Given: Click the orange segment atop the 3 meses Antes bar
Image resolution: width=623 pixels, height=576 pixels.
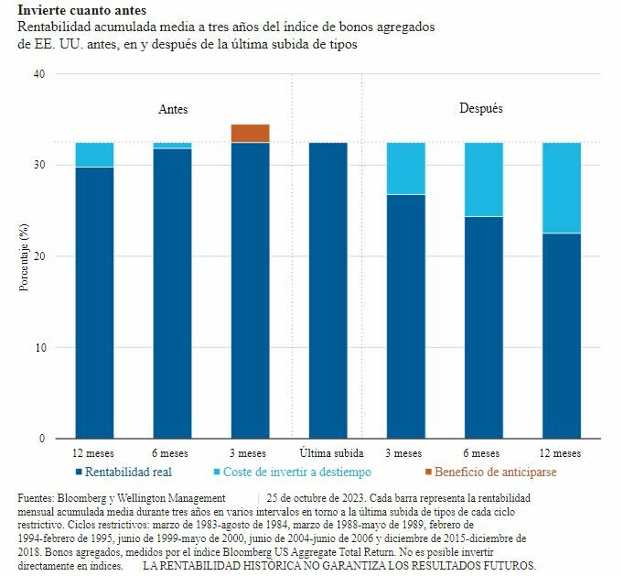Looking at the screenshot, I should click(250, 133).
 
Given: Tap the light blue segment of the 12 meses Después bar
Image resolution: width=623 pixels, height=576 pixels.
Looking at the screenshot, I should click(562, 188).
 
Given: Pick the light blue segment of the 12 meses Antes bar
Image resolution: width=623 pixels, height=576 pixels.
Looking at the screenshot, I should click(94, 155).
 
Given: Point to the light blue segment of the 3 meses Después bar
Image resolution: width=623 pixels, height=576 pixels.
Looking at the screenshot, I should click(405, 168).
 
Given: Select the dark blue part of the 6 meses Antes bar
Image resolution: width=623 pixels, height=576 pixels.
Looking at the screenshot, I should click(172, 293).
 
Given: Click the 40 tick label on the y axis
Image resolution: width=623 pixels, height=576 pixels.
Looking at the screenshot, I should click(38, 75).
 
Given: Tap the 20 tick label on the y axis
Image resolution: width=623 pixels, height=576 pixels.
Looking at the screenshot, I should click(38, 256).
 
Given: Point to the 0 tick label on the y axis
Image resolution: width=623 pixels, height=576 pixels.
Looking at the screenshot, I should click(40, 439).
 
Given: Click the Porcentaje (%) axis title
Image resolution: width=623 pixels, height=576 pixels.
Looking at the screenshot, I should click(23, 256).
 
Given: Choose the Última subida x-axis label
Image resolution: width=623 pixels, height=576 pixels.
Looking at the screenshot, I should click(331, 453).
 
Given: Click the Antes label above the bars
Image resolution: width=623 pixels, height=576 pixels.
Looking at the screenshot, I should click(173, 109).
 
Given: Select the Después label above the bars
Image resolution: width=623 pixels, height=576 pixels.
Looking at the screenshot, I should click(480, 108).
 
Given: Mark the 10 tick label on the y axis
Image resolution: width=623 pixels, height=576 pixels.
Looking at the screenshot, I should click(38, 348).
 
